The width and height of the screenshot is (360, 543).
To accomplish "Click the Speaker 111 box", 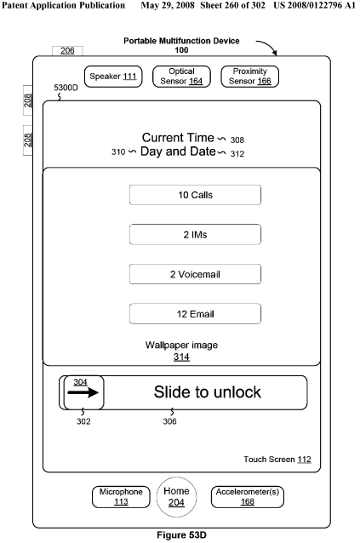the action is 113,77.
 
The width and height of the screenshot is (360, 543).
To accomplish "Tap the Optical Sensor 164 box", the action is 181,77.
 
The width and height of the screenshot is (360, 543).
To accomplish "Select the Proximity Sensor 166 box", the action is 249,77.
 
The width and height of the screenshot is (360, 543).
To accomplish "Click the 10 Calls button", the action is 195,195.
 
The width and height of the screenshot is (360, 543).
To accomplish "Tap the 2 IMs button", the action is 195,234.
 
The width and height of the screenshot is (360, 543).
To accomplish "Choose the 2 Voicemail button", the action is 195,274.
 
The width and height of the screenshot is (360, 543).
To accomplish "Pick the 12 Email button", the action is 195,314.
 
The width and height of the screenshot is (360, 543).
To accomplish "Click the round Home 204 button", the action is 176,497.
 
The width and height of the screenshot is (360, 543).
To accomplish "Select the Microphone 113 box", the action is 121,497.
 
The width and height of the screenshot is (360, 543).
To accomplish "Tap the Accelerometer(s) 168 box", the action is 248,497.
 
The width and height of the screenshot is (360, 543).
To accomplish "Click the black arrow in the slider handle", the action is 83,392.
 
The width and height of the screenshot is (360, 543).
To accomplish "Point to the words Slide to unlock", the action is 208,392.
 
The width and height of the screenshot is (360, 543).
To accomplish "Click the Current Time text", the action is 178,138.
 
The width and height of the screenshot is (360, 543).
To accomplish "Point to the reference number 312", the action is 237,154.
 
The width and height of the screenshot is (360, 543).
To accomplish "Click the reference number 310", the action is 118,152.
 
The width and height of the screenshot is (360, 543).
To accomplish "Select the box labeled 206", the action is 67,51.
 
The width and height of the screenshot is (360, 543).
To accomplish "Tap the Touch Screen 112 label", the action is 277,460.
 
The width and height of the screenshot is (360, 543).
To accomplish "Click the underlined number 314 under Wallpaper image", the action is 181,357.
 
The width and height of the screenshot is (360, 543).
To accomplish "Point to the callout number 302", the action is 83,421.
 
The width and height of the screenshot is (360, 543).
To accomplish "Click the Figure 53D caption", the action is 181,535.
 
